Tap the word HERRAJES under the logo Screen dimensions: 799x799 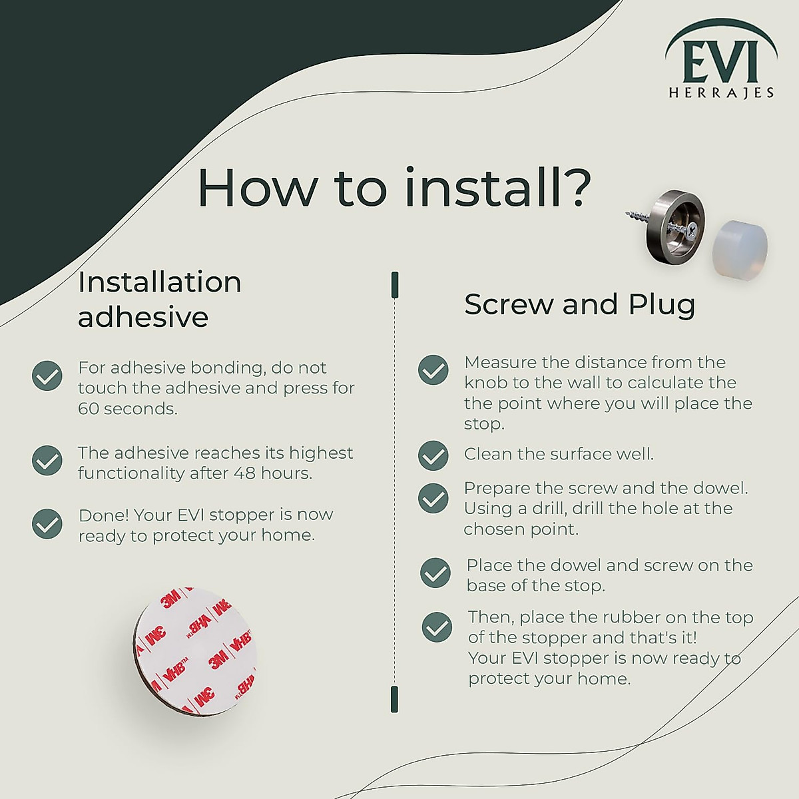click(x=721, y=93)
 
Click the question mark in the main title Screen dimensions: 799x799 click(x=573, y=188)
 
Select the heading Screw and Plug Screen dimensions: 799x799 click(x=579, y=305)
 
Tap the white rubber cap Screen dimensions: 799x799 click(x=740, y=243)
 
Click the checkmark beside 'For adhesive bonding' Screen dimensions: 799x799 click(x=47, y=376)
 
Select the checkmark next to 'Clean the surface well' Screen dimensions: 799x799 click(x=433, y=455)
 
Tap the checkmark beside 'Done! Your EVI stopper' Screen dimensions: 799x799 click(x=47, y=524)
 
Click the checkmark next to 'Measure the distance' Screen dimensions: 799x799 click(x=433, y=370)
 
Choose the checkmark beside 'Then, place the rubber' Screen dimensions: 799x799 click(x=437, y=627)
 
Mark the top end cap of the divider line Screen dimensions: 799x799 click(x=395, y=284)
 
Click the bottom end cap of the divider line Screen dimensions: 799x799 click(x=395, y=698)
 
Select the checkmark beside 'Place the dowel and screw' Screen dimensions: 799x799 click(x=435, y=573)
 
